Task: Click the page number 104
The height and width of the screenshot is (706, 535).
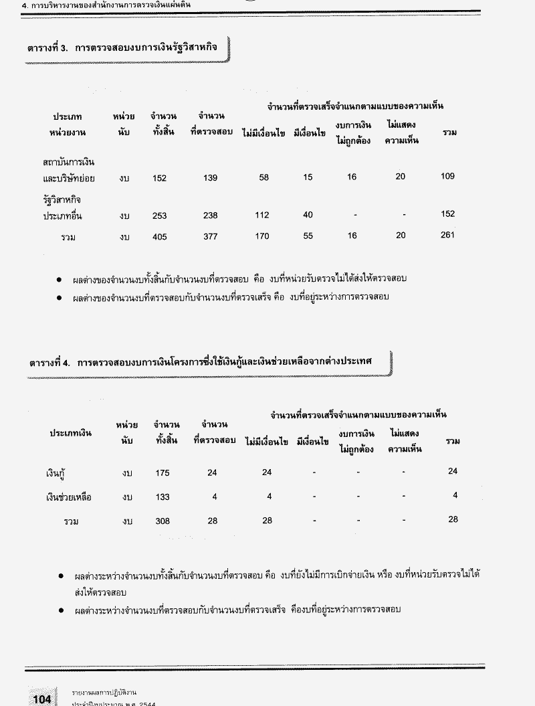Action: click(x=41, y=699)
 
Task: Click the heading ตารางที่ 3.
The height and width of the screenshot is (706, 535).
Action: click(x=124, y=50)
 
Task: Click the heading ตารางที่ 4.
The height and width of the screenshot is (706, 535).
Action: click(x=200, y=361)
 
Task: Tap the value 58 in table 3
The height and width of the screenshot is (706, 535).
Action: click(x=263, y=177)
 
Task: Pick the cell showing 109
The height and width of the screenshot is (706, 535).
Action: click(x=447, y=176)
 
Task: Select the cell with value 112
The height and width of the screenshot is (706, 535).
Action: click(x=262, y=215)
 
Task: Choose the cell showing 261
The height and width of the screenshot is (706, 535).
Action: click(x=447, y=235)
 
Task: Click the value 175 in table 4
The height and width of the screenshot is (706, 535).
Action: click(x=162, y=473)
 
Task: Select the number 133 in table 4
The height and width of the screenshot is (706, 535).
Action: click(x=162, y=497)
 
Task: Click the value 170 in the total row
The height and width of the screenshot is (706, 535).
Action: click(x=262, y=236)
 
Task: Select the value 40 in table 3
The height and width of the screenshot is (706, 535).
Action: click(x=308, y=215)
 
